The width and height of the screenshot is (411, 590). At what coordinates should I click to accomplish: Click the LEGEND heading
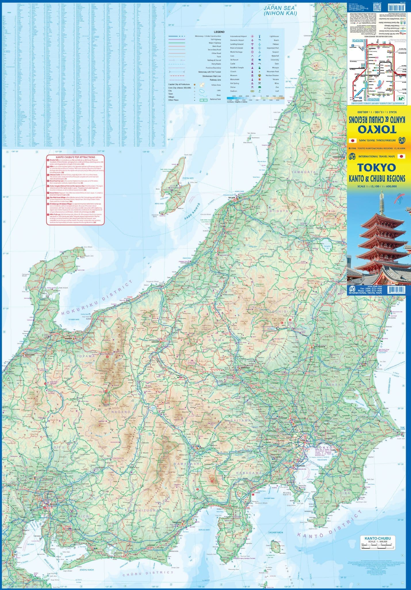click(219, 32)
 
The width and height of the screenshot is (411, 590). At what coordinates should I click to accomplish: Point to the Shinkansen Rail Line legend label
click(212, 76)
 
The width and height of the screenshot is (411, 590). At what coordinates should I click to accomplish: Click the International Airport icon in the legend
click(252, 36)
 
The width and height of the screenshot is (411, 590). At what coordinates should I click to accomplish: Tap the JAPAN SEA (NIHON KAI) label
click(280, 11)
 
